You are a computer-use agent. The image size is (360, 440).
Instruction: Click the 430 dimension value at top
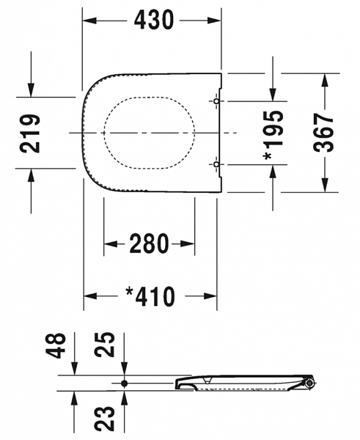(x=153, y=20)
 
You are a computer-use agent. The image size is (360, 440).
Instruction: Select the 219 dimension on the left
(x=30, y=133)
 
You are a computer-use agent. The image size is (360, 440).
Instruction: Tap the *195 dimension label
(x=273, y=134)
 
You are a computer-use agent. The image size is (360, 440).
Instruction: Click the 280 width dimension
(x=150, y=243)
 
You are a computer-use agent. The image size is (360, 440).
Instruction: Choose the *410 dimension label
(x=150, y=296)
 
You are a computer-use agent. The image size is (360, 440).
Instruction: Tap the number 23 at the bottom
(x=107, y=419)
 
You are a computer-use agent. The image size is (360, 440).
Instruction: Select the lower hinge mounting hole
(x=216, y=164)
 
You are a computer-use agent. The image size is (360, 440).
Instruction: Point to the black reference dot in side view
(x=124, y=383)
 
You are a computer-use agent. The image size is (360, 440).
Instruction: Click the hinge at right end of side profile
(x=311, y=382)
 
